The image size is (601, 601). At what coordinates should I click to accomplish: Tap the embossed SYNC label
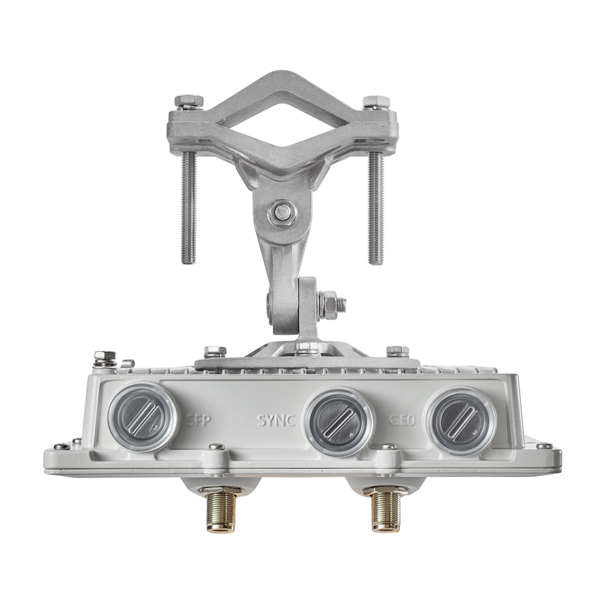276,421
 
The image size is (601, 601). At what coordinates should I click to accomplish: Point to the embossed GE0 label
402,421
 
